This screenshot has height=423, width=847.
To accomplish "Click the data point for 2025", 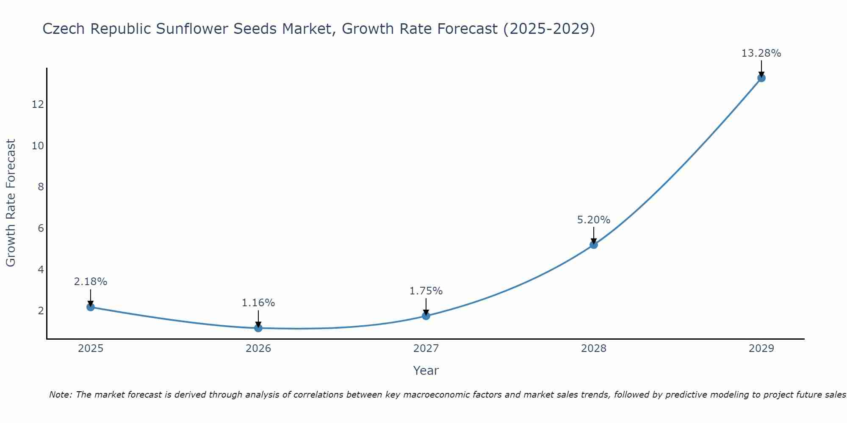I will [90, 307].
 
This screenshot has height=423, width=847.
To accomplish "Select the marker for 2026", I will [258, 328].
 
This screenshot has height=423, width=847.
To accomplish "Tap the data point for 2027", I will [426, 316].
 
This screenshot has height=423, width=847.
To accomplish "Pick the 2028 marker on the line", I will [593, 244].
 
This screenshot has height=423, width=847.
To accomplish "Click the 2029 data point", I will [761, 78].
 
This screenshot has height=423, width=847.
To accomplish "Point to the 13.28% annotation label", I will [761, 53].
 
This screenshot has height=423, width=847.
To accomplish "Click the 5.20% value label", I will [593, 220].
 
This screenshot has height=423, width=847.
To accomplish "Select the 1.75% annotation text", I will [426, 291].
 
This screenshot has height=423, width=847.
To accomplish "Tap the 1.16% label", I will [258, 303].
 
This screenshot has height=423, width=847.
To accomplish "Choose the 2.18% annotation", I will [90, 282].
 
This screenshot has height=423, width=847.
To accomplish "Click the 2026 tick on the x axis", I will [258, 349].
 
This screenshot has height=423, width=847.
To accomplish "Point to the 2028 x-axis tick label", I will [593, 349].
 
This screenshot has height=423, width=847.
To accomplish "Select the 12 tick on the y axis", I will [38, 104].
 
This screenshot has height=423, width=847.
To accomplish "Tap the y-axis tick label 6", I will [41, 228].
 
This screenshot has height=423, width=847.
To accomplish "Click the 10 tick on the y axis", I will [38, 146].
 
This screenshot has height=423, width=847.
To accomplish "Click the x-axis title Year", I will [426, 371].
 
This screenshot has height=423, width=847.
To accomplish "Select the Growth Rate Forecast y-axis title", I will [11, 203].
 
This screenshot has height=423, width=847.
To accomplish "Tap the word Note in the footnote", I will [60, 395].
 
